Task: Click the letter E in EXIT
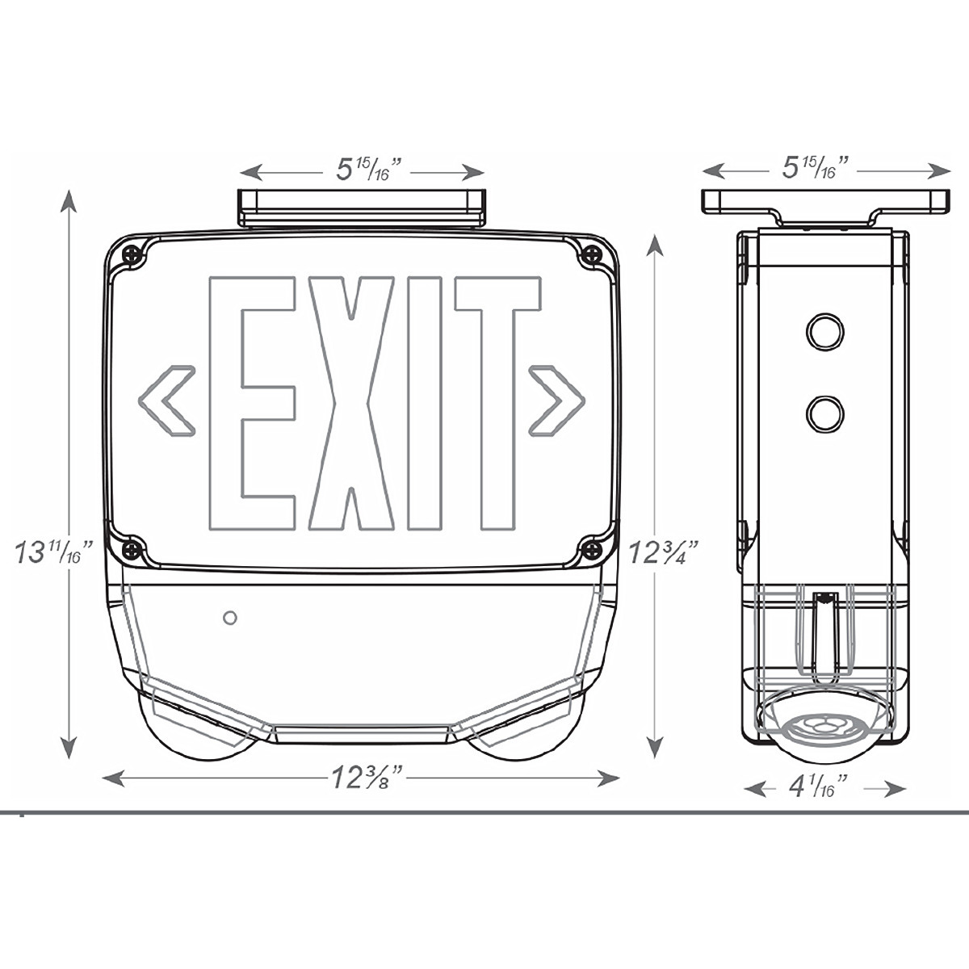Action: [251, 403]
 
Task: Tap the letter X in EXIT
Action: [351, 403]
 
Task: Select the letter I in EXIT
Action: [425, 403]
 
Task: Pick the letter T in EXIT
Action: [498, 403]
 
